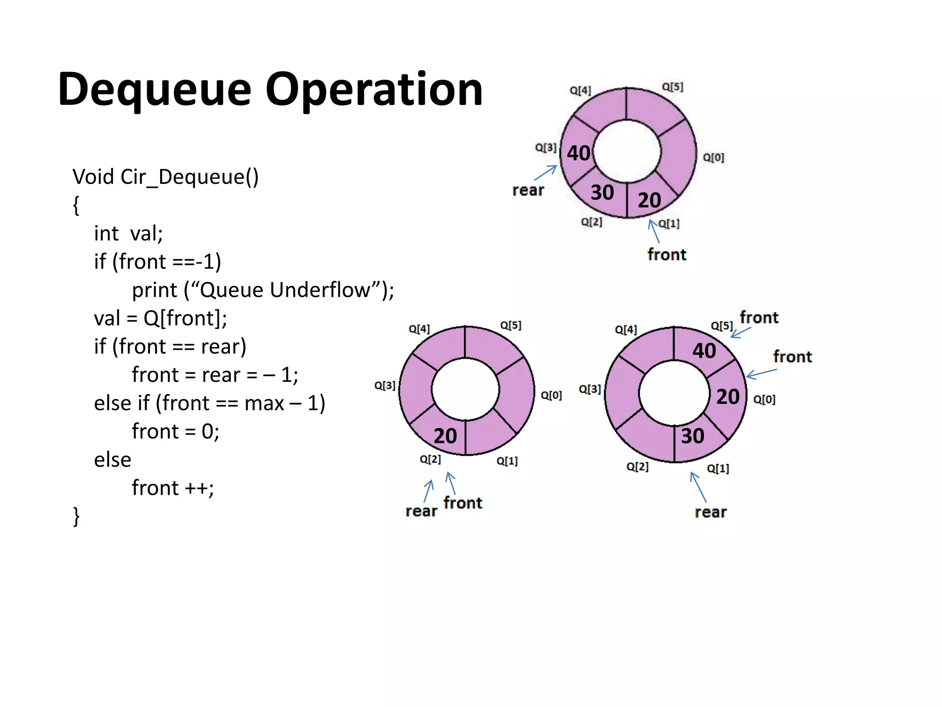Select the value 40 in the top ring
[578, 153]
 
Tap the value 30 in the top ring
[602, 192]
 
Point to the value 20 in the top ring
[649, 200]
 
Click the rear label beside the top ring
[528, 190]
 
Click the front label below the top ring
[666, 255]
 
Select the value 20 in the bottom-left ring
[445, 436]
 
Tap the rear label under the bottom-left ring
[421, 511]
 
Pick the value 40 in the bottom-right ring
[704, 351]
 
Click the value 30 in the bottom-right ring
[692, 436]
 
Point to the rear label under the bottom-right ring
[711, 512]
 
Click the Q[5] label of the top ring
[672, 87]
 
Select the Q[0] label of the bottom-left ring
[551, 395]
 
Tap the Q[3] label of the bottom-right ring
[590, 389]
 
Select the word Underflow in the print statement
[320, 290]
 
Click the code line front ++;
[172, 488]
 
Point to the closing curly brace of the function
[76, 516]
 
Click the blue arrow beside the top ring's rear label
[546, 173]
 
